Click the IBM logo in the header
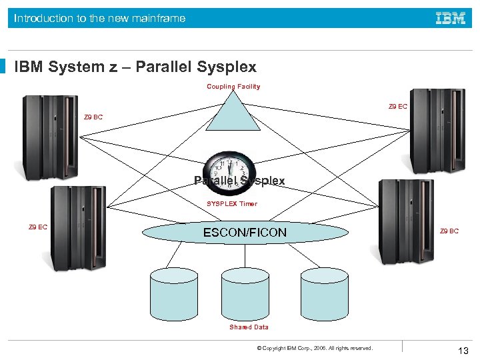click(451, 19)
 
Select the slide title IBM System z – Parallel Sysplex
click(135, 67)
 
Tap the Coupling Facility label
click(233, 87)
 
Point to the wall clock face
click(229, 172)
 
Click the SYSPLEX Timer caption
click(231, 204)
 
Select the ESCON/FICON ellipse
click(245, 232)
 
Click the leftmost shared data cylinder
click(174, 294)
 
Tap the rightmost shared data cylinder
click(324, 294)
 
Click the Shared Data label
click(249, 327)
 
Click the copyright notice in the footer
click(315, 348)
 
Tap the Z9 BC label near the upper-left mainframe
click(93, 118)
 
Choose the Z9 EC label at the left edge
click(38, 227)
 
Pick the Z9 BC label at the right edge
click(449, 231)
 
